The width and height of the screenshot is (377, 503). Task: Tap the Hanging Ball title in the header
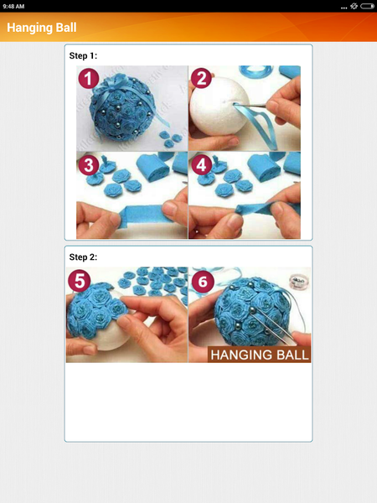(42, 27)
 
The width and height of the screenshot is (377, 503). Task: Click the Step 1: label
(83, 55)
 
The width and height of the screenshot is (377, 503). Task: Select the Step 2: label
(83, 257)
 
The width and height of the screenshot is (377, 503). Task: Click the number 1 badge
(89, 79)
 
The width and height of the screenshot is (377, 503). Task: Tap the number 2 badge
(201, 79)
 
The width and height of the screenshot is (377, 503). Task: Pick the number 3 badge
(89, 164)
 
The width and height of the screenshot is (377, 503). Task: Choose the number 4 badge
(201, 164)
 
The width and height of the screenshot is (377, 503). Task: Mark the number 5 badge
(80, 281)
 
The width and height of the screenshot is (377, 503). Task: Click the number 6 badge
(202, 281)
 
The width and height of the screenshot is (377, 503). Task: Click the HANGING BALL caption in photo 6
(259, 355)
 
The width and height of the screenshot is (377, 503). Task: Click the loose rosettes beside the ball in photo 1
(168, 134)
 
